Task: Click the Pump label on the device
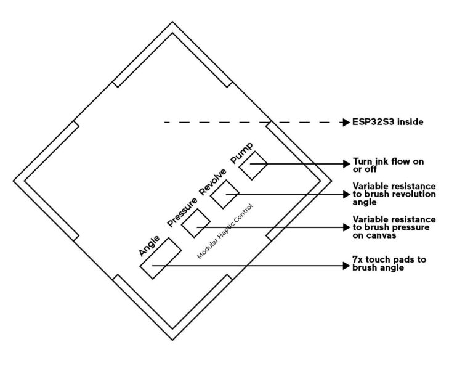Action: pos(241,153)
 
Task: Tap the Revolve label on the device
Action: pos(212,182)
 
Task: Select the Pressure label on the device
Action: pos(182,212)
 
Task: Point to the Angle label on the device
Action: pos(149,246)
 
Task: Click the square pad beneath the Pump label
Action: pos(253,165)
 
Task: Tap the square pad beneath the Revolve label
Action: pos(224,194)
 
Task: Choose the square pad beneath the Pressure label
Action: pos(196,223)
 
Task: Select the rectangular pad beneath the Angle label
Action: pos(161,258)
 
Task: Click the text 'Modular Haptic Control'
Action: pos(225,231)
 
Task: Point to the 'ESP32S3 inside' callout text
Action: pos(387,122)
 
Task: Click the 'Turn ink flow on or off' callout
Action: pos(388,165)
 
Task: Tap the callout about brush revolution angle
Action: pos(394,194)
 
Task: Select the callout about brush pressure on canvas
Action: pos(394,227)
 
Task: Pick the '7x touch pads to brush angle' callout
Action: pos(389,264)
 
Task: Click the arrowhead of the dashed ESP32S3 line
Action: pos(346,122)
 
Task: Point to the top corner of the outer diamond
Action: pos(172,22)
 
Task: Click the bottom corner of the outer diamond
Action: pos(172,340)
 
